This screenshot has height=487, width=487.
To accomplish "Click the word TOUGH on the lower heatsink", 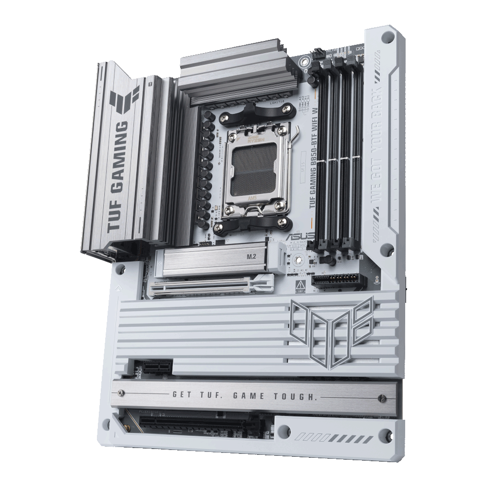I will [x=298, y=397].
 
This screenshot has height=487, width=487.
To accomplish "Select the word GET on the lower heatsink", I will [x=183, y=394].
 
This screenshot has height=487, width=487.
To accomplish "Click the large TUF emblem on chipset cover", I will [x=333, y=331].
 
